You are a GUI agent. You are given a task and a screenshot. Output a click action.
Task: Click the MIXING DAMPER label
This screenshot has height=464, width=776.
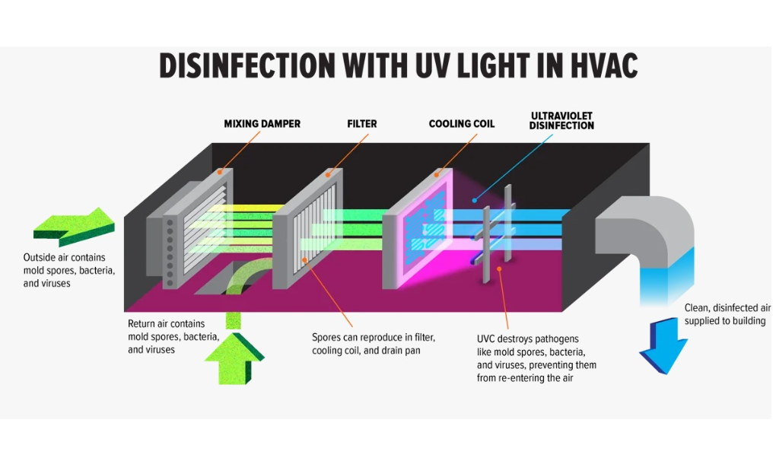262,124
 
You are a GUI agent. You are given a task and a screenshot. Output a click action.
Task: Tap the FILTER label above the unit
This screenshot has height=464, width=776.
362,124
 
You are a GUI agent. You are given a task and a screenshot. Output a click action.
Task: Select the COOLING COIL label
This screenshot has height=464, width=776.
462,124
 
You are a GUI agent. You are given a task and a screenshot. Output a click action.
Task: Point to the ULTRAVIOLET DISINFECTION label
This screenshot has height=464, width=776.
561,121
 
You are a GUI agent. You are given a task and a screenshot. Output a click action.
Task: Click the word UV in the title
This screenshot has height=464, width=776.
433,65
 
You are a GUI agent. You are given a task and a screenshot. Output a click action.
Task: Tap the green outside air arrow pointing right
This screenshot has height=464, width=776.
75,227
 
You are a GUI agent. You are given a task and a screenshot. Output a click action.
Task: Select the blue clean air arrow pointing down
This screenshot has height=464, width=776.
663,345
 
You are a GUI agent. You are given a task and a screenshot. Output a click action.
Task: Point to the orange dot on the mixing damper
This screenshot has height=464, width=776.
219,171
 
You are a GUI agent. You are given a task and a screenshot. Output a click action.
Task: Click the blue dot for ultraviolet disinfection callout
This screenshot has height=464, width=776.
474,200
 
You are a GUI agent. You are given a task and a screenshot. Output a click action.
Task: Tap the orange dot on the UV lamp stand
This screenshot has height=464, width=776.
499,269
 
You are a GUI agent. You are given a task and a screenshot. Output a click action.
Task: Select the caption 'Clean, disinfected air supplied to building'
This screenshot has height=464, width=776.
727,314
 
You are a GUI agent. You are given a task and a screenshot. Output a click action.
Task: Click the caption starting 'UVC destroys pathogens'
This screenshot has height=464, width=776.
536,358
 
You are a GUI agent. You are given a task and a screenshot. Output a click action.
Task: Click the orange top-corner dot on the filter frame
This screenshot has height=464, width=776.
328,175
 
